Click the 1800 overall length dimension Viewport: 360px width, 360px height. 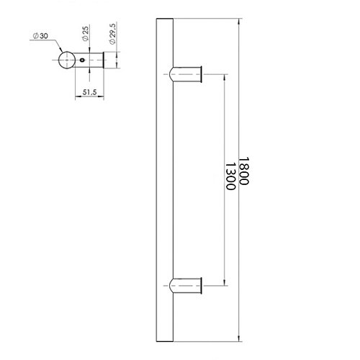point(244,171)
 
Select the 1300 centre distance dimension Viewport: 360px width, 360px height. point(230,176)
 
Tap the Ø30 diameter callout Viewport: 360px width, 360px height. point(40,36)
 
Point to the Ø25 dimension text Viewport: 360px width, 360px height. point(86,33)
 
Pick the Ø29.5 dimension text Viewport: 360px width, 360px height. point(112,33)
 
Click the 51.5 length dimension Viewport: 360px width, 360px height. point(89,92)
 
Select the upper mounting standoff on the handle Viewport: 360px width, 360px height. point(186,74)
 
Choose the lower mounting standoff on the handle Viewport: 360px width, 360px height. point(186,286)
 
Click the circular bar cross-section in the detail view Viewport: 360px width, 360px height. point(67,60)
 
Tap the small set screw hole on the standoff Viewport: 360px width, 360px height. point(83,60)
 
